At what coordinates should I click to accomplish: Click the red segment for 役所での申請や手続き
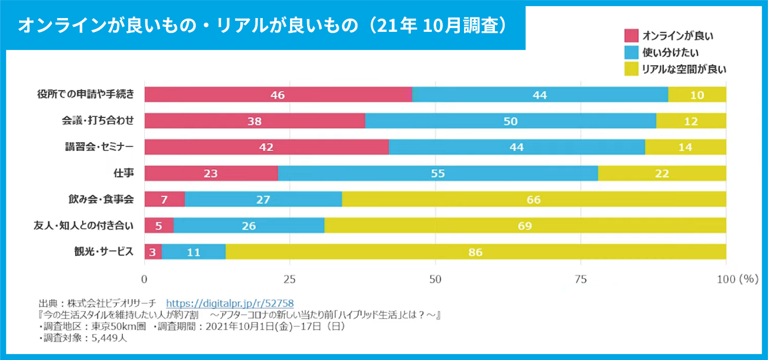(278, 94)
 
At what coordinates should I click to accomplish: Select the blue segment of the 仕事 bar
(438, 173)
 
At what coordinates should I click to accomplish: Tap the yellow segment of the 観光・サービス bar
(476, 252)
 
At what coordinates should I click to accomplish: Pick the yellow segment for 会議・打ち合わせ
(691, 121)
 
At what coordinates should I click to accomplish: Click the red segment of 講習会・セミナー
(267, 147)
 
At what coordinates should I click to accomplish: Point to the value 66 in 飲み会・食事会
(534, 200)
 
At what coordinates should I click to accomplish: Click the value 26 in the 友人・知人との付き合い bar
(249, 226)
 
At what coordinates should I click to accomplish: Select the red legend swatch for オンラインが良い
(631, 36)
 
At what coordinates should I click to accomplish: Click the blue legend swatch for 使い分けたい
(631, 53)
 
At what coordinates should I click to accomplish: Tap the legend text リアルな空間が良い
(684, 69)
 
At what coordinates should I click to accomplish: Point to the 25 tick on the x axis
(290, 278)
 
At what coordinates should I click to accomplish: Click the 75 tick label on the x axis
(580, 278)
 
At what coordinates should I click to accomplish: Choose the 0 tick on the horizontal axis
(145, 278)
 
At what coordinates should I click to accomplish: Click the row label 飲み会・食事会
(104, 199)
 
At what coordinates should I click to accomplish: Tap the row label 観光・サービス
(104, 251)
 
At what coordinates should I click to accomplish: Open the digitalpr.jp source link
(230, 303)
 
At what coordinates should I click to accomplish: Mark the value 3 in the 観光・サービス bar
(153, 252)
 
